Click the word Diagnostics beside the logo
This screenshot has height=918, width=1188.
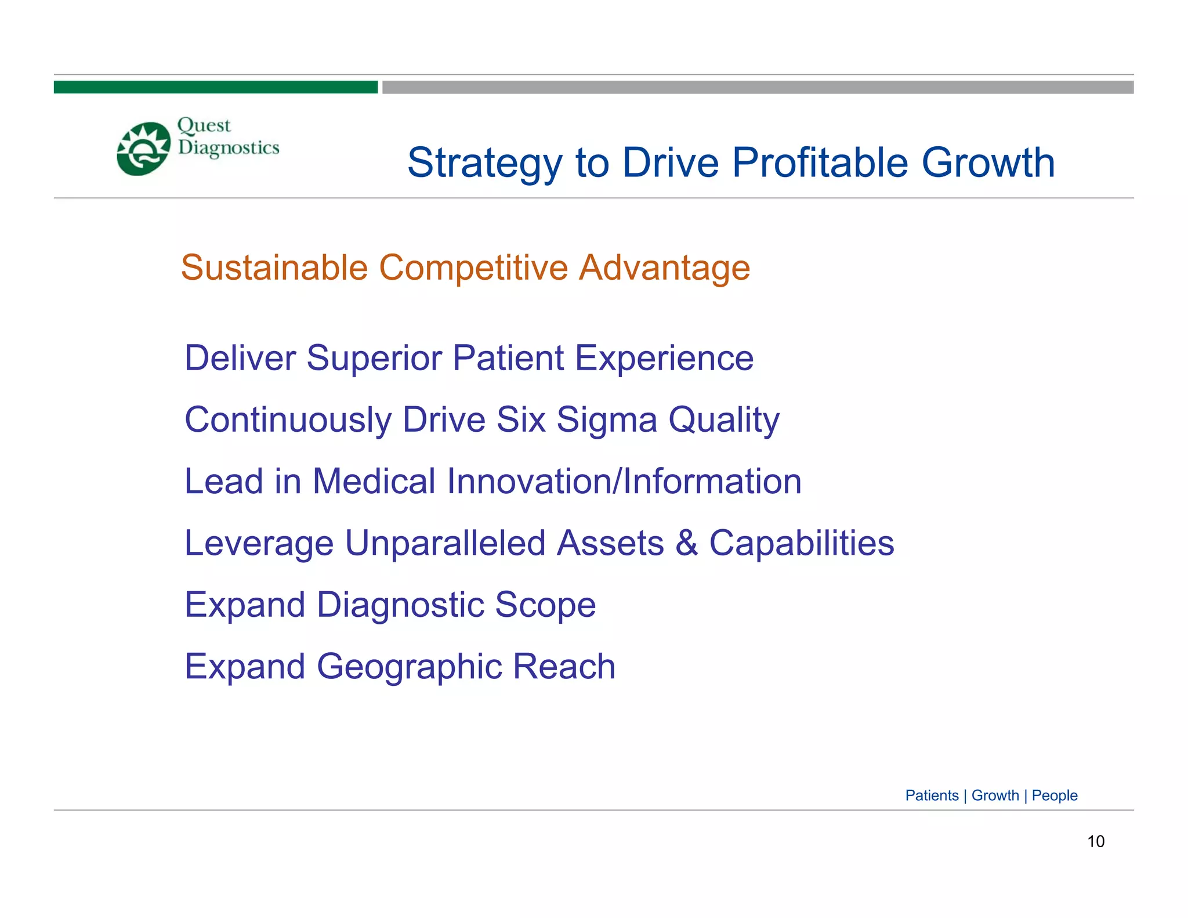point(229,148)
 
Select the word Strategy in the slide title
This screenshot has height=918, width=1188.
point(484,164)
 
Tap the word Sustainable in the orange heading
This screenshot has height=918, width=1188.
point(274,268)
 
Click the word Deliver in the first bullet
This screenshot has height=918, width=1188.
point(240,357)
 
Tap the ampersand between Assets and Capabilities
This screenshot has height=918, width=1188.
point(686,543)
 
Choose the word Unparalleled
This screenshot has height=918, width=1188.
point(445,543)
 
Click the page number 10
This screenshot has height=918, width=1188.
point(1095,841)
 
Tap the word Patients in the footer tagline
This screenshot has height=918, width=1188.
point(932,796)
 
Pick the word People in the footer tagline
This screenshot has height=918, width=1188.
point(1054,796)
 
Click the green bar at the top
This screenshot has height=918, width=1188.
point(215,87)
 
